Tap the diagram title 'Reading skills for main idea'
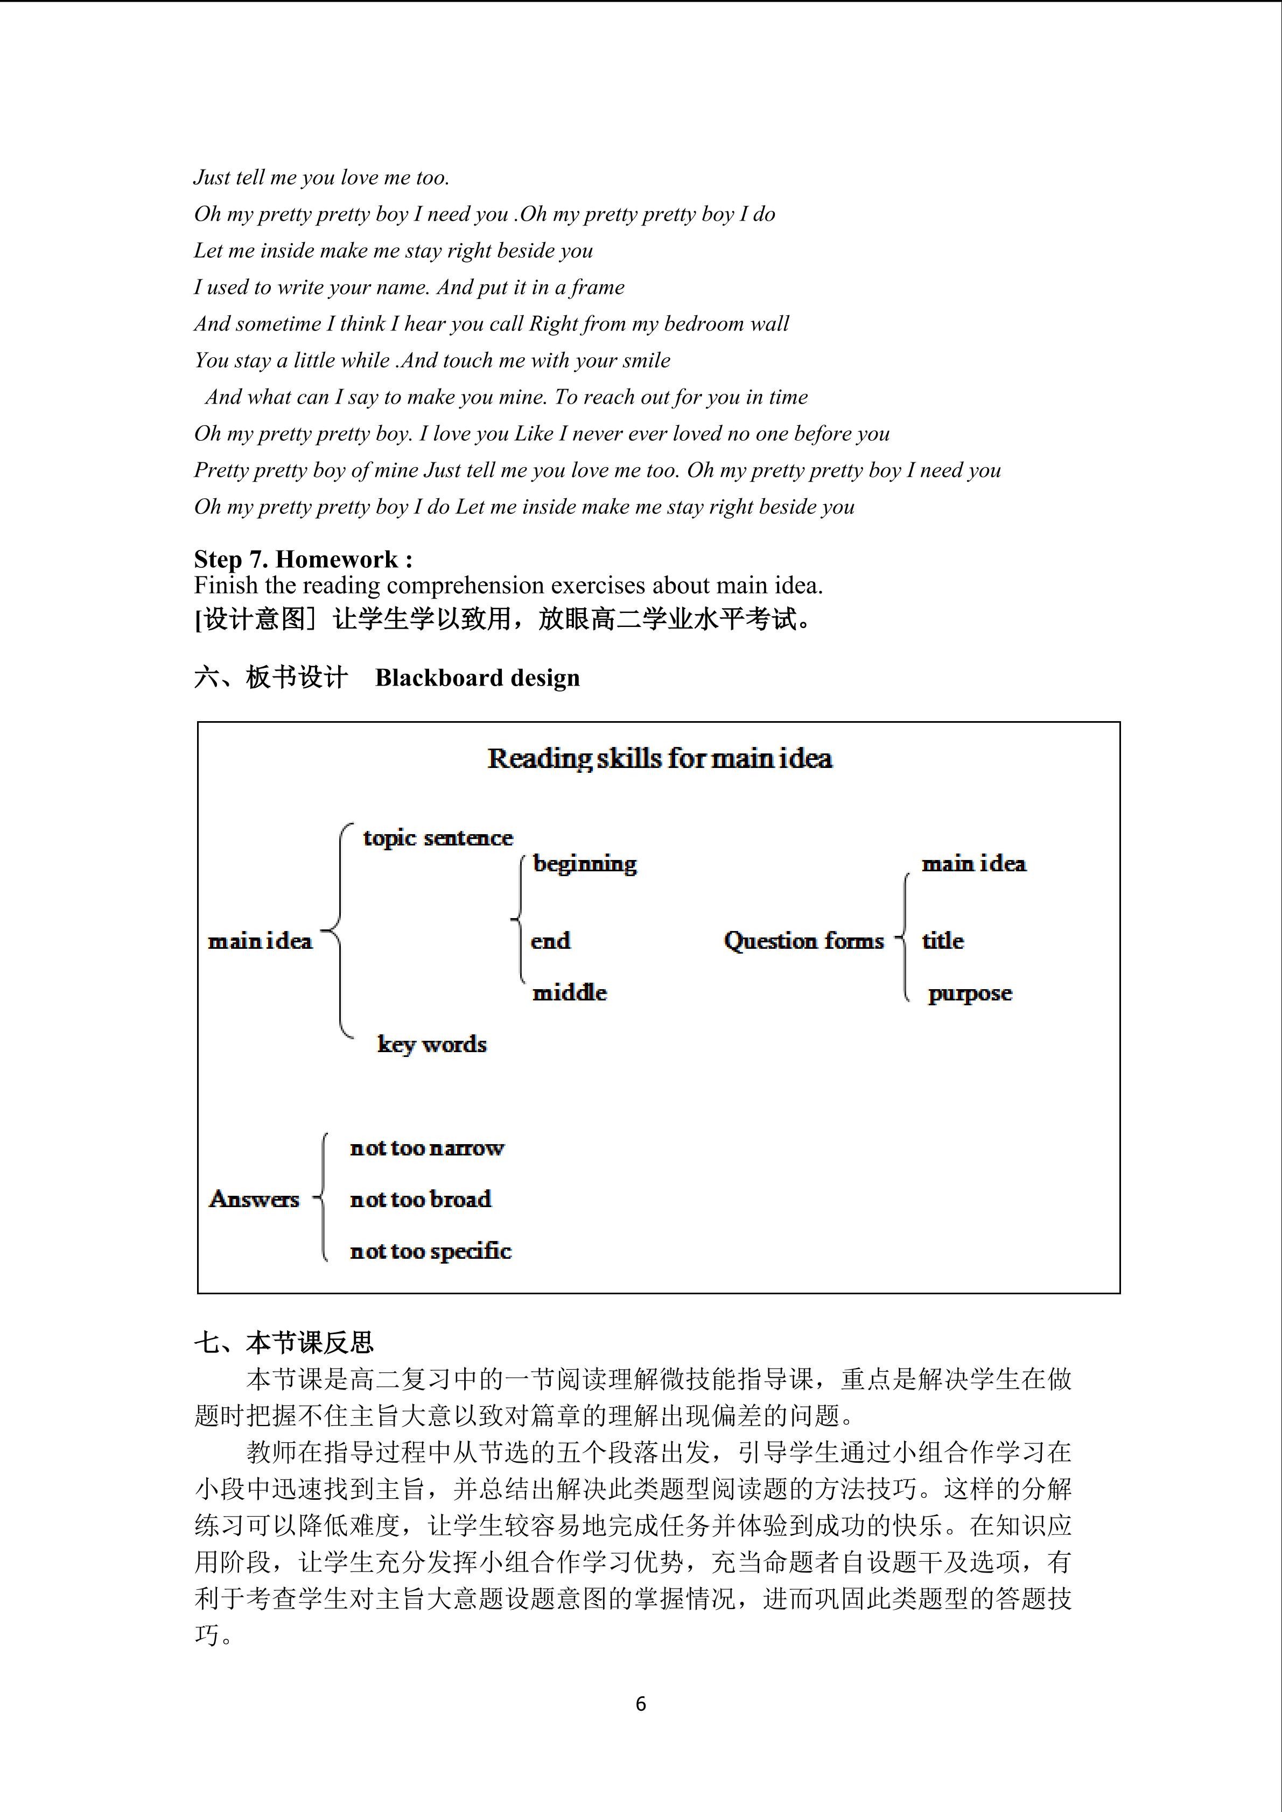660,758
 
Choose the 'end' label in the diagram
550,941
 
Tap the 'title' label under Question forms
943,941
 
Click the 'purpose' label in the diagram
969,993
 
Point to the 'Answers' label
254,1199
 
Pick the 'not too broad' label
420,1200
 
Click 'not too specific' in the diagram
430,1251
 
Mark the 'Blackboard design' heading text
477,678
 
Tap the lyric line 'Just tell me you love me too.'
321,178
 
